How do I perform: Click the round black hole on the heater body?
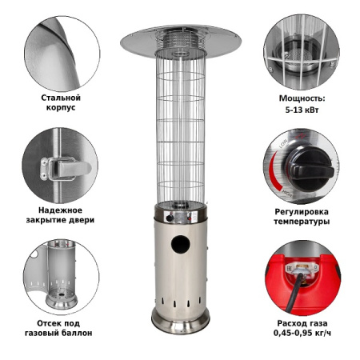point(181,244)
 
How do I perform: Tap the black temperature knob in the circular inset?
point(310,169)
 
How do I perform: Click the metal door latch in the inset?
point(66,169)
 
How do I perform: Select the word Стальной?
point(61,98)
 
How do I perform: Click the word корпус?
point(61,108)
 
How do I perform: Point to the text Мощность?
point(302,98)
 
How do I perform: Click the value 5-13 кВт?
point(302,110)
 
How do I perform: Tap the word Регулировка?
point(302,212)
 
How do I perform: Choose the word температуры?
point(302,222)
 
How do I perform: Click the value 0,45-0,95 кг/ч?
point(302,333)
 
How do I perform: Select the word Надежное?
point(60,210)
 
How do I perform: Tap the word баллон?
point(77,333)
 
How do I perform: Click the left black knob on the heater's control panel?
point(170,218)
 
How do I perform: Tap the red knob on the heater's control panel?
point(190,218)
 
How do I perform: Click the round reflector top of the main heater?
point(181,42)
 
